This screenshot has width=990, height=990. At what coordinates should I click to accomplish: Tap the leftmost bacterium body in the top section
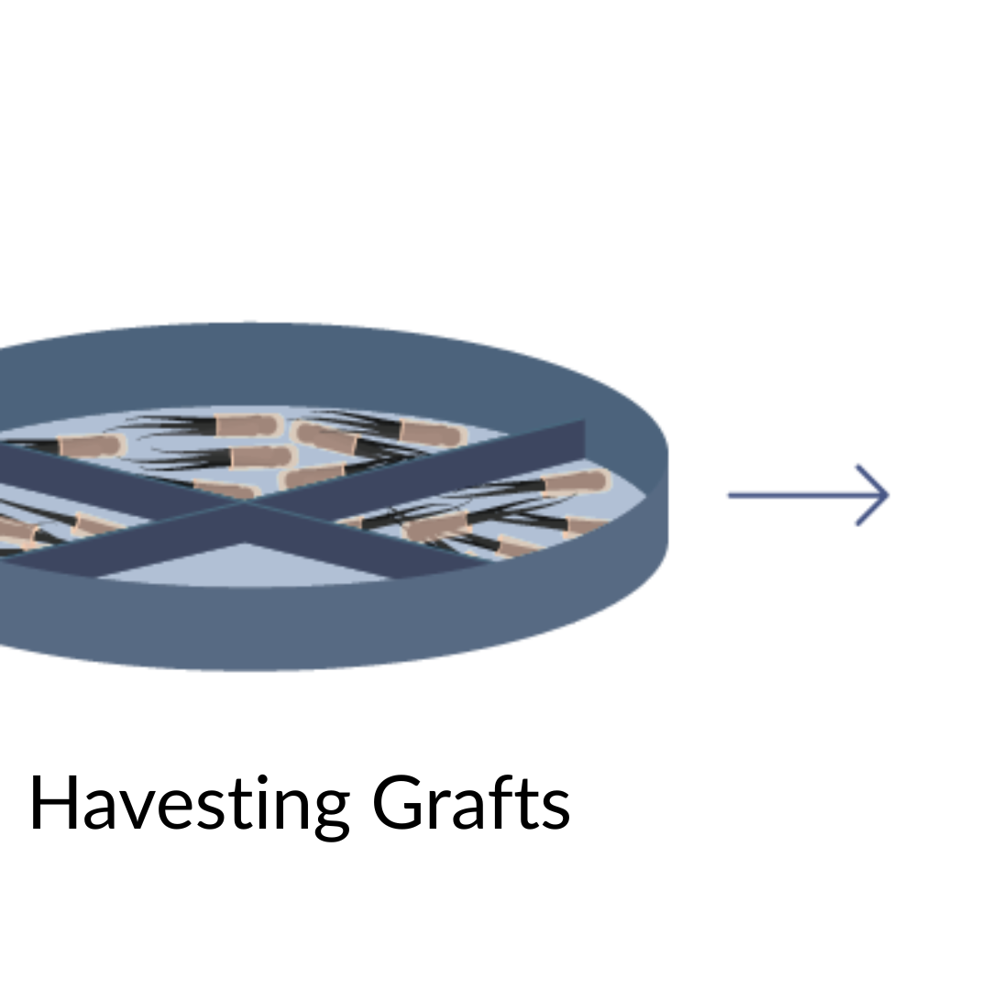(x=92, y=446)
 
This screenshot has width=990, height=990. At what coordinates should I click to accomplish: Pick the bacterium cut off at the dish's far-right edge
(x=587, y=525)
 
